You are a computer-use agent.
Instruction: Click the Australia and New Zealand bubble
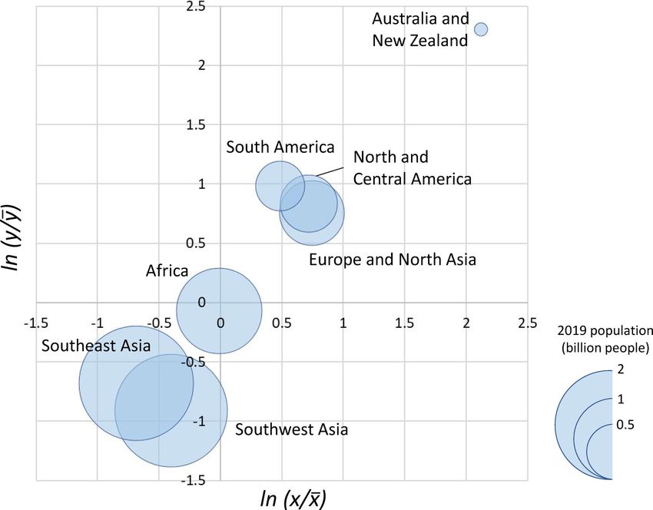481,29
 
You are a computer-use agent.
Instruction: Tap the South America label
280,147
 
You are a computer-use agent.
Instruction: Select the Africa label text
167,270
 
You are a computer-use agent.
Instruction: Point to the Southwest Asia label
291,429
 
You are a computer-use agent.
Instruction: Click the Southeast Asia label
96,346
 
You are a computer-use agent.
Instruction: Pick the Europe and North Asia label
392,260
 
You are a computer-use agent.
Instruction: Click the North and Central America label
412,168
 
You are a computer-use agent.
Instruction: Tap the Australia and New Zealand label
419,29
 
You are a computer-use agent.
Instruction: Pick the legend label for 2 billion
620,370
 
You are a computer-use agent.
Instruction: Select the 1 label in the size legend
620,399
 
